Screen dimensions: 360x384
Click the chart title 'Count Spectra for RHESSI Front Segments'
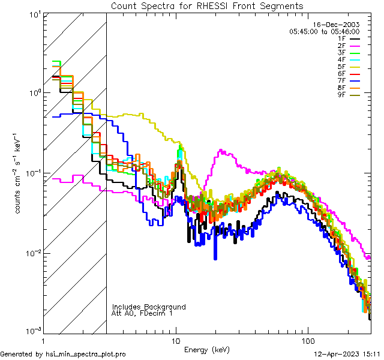pos(207,6)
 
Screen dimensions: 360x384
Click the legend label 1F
pos(341,38)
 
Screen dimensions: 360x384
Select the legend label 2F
pos(341,46)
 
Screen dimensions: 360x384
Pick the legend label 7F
pos(341,81)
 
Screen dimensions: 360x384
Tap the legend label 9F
pos(341,95)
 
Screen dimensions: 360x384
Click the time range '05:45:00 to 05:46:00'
pos(324,31)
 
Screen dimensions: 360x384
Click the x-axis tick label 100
pos(307,340)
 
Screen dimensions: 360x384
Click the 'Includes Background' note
pos(149,307)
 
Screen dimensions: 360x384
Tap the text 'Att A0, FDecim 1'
pos(142,313)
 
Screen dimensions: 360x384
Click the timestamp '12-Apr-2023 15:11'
pos(347,354)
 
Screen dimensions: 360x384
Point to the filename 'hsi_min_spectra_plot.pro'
pos(87,354)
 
